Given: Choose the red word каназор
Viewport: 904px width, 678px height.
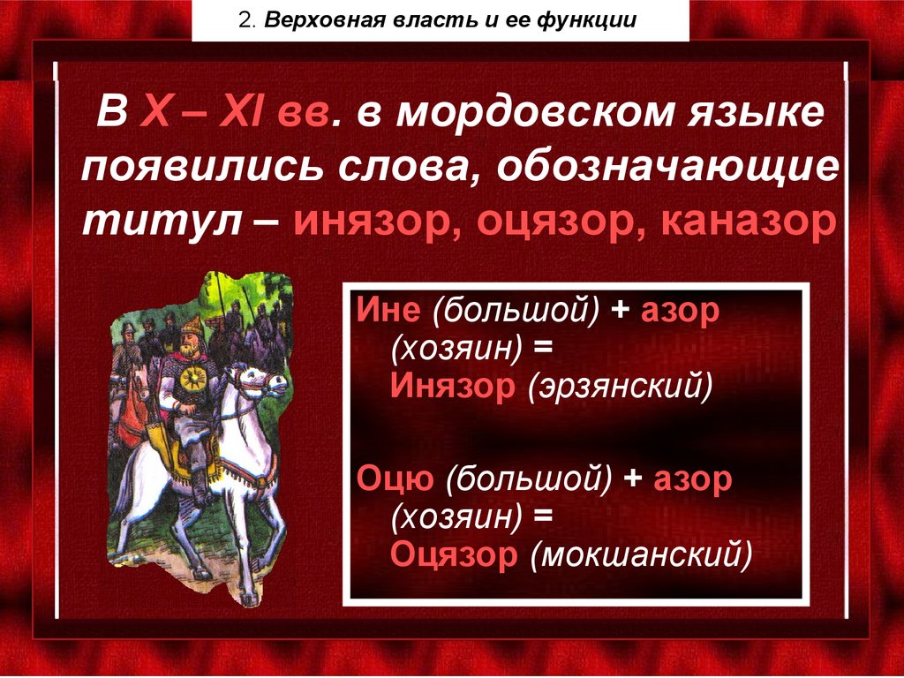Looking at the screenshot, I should [x=748, y=220].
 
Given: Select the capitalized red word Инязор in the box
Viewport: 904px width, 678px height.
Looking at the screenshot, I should [x=454, y=387].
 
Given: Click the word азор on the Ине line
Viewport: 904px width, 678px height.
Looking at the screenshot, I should [x=681, y=313].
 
